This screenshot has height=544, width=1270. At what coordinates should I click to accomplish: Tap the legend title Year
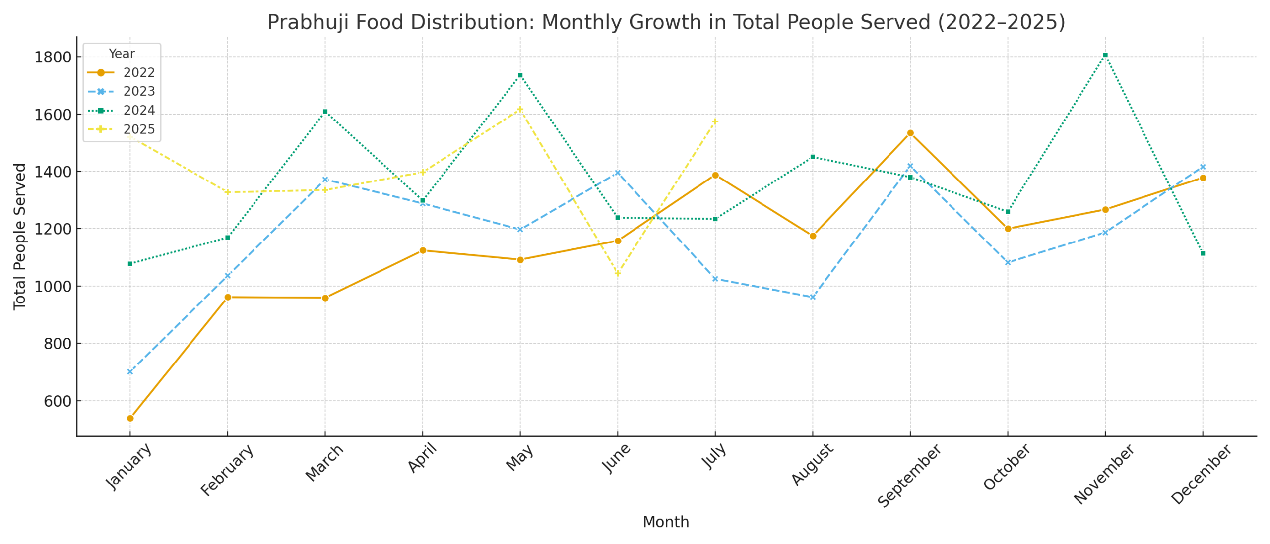[x=121, y=53]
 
